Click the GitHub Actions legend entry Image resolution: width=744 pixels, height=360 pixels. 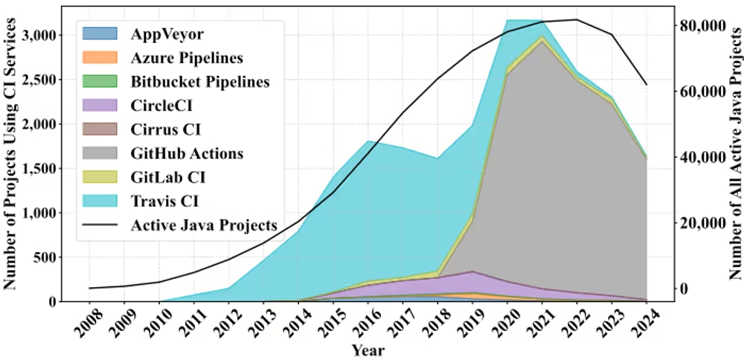[x=187, y=154]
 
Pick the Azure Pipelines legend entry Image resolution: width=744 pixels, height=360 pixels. [x=187, y=58]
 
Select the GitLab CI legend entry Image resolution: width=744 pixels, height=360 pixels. [x=167, y=178]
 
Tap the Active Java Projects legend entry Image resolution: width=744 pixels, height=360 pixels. [x=203, y=225]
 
